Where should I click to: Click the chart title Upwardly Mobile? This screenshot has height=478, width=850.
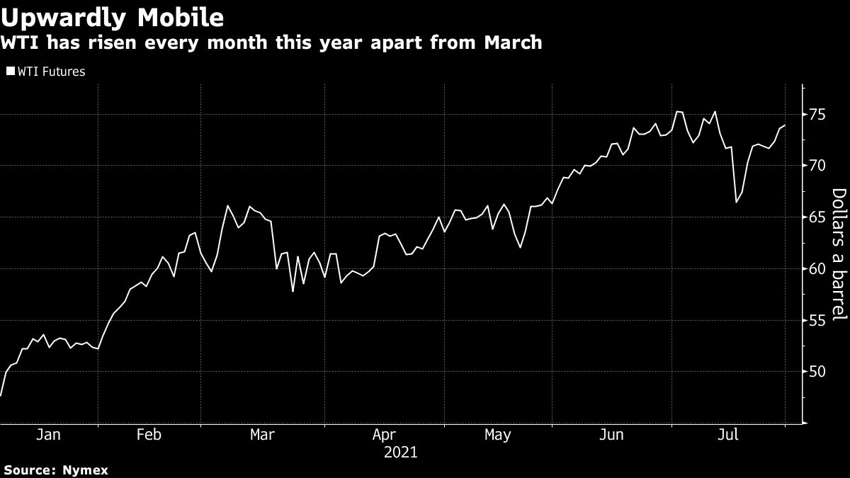(x=113, y=16)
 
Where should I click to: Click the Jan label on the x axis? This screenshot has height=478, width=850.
(x=47, y=435)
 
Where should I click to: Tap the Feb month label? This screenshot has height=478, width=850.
(x=149, y=435)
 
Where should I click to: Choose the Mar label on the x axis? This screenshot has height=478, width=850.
(x=263, y=435)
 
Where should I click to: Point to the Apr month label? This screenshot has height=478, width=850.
(x=383, y=435)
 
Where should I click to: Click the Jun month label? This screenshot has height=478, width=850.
(x=611, y=435)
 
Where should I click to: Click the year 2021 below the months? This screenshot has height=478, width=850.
(x=400, y=452)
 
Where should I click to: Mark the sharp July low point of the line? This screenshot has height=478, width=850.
(x=737, y=203)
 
